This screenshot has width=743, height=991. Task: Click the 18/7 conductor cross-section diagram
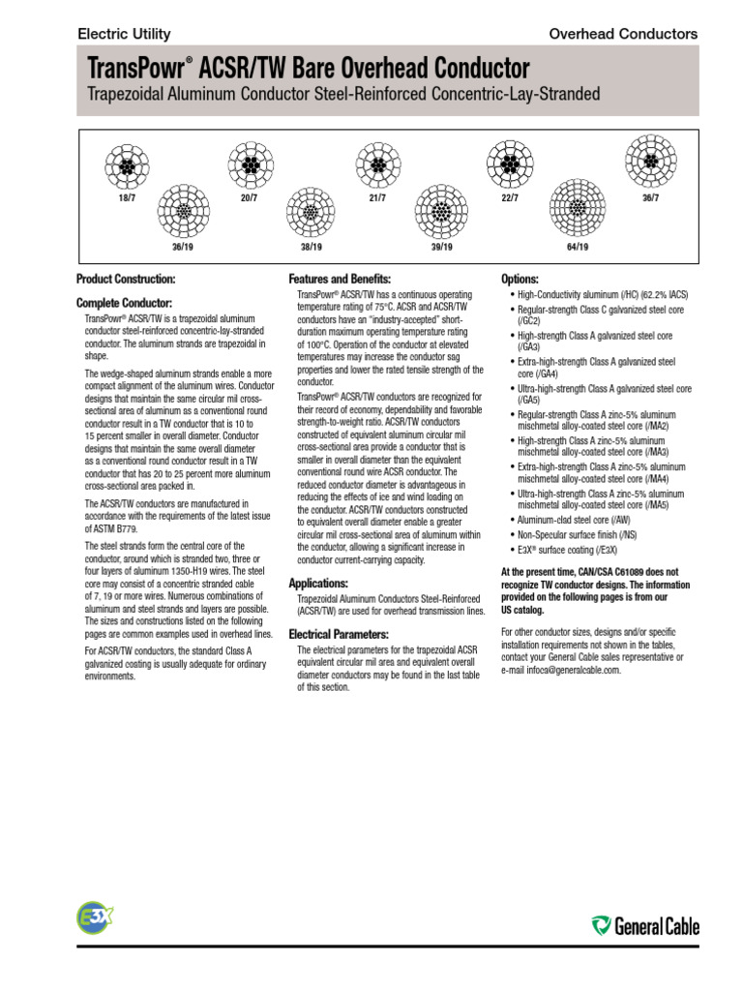click(x=126, y=166)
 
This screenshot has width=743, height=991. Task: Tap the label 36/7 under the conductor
click(x=650, y=198)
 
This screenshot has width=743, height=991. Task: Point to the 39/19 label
click(x=442, y=247)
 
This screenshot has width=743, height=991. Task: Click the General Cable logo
click(x=645, y=926)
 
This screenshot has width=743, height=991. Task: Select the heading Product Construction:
click(x=126, y=280)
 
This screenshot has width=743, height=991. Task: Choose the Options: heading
click(x=520, y=279)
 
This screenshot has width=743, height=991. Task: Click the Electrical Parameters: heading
click(x=339, y=634)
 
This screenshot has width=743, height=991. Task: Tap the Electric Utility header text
click(x=124, y=34)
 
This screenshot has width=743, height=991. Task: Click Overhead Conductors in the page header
click(x=623, y=34)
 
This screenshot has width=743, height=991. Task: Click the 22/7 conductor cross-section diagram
click(x=510, y=165)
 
